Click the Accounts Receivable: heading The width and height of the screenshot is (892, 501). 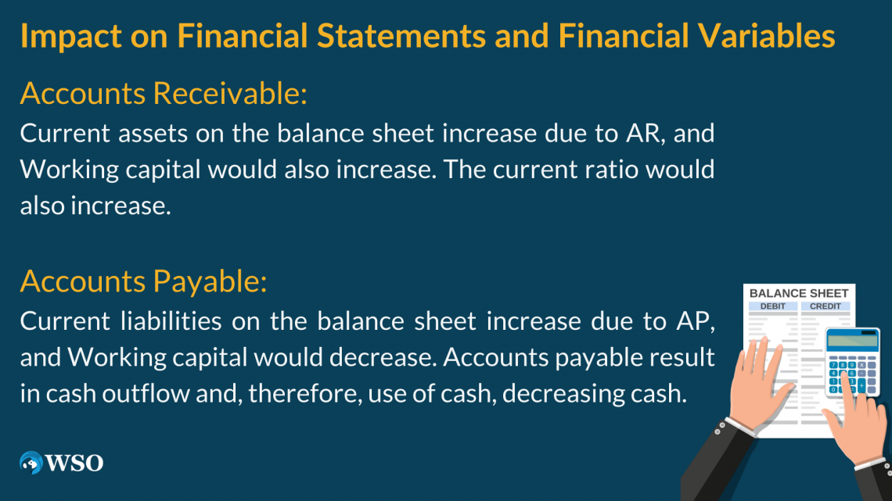163,94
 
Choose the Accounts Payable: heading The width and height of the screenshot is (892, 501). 143,281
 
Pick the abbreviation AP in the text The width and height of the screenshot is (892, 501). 696,320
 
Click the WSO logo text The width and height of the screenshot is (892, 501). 74,463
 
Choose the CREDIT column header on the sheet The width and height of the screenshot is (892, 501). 825,306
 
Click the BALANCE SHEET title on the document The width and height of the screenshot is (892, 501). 798,293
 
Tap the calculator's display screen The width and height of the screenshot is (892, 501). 852,340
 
